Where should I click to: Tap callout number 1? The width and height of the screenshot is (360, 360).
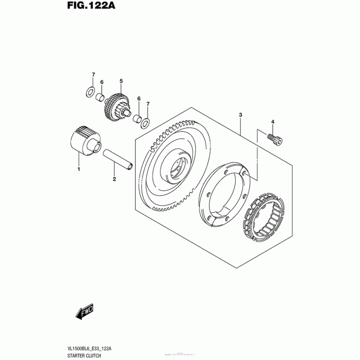coord(78,169)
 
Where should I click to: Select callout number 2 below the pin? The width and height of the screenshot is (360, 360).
coord(114,179)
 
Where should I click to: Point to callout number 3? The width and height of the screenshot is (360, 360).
coord(241,116)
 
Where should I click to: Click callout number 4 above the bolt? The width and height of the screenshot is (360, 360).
coord(272,121)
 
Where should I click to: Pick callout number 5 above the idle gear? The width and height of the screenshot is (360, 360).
coord(121,81)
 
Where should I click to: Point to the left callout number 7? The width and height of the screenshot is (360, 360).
coord(93,74)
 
